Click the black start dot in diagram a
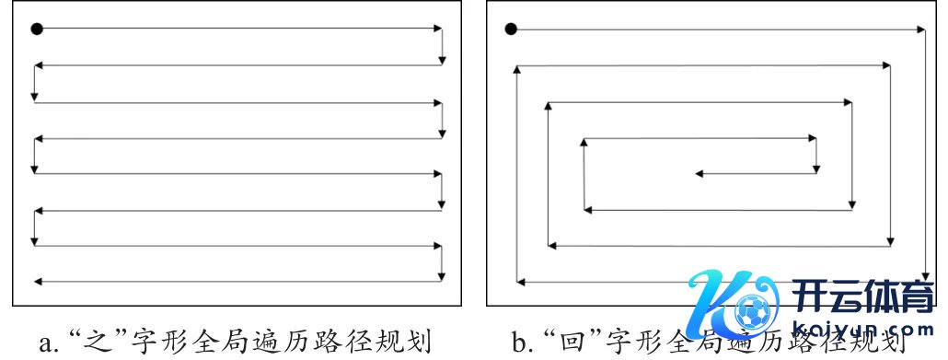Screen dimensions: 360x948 [x=37, y=29]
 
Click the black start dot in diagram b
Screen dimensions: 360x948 [x=512, y=29]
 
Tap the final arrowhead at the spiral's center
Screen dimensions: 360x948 [x=699, y=173]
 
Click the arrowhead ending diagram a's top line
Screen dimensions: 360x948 [x=438, y=29]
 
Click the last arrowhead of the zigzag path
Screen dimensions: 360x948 [x=37, y=280]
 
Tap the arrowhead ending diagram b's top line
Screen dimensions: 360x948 [x=920, y=29]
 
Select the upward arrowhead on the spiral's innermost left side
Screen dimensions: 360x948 [x=584, y=143]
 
